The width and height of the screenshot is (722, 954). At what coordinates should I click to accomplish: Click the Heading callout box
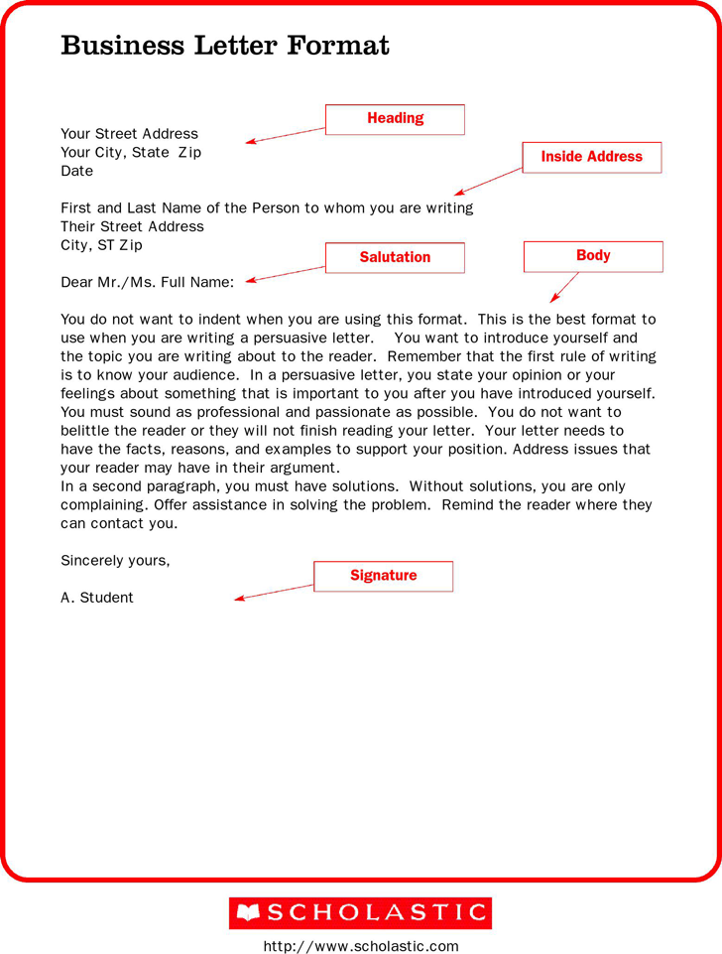point(395,119)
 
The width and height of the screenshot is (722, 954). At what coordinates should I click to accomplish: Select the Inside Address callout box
point(591,157)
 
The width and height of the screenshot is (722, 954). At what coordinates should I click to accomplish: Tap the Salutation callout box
point(395,257)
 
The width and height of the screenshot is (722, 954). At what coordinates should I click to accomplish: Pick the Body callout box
point(592,256)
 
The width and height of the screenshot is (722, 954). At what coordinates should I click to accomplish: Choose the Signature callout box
point(383,576)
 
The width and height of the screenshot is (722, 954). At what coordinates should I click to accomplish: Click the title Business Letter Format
point(225,46)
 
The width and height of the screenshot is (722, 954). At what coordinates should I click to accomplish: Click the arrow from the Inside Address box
point(488,182)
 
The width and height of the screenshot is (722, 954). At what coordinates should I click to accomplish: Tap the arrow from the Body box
point(564,287)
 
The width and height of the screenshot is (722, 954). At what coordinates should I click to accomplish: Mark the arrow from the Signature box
point(274,592)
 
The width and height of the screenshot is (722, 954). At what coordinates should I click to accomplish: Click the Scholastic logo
point(360,913)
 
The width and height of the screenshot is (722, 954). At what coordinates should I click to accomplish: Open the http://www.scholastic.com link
point(361,946)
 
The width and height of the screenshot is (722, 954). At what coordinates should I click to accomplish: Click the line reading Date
point(77,171)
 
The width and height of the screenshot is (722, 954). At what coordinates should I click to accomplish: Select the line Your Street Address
point(129,134)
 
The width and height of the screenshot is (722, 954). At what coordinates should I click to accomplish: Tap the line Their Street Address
point(132,226)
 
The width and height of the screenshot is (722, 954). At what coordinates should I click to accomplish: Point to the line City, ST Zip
point(101,245)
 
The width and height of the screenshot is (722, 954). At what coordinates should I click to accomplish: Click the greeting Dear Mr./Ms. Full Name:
point(147,283)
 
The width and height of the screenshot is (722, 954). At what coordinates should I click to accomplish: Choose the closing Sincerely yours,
point(115,560)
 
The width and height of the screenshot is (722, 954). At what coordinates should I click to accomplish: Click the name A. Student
point(97,598)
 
